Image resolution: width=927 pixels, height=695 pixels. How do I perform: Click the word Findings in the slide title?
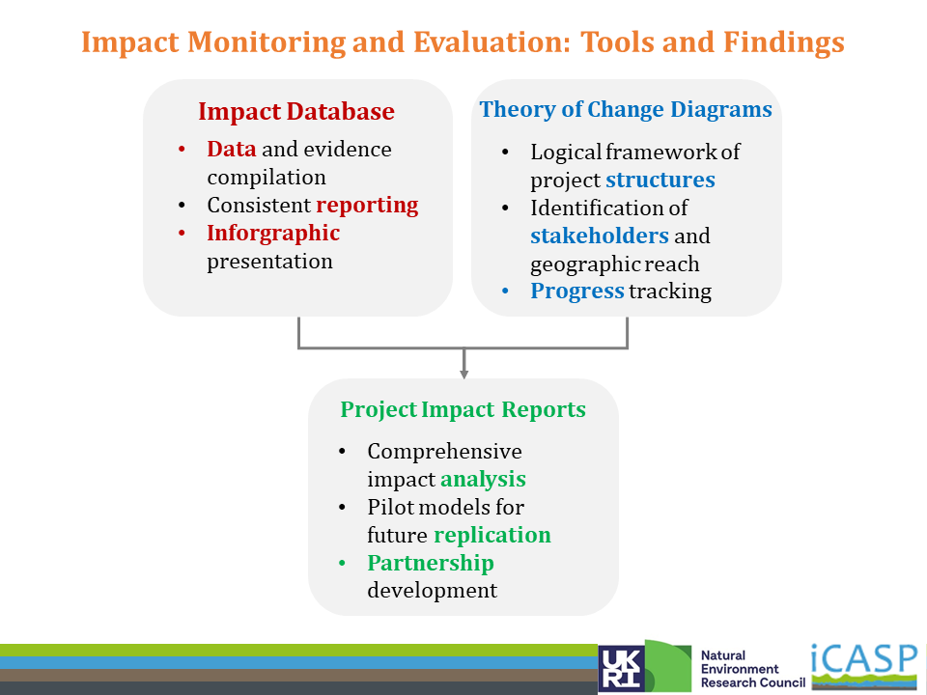point(783,42)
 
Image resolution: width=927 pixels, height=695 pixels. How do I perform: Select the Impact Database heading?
point(296,111)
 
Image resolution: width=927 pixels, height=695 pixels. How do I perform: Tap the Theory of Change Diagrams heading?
point(626,109)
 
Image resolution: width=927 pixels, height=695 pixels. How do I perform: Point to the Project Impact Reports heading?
point(463,409)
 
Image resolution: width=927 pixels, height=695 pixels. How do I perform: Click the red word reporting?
point(367,206)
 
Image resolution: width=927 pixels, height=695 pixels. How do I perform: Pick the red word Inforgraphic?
point(273,234)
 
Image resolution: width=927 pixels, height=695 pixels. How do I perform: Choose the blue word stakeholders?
point(600,236)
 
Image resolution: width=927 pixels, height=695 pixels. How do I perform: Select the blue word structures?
point(660,180)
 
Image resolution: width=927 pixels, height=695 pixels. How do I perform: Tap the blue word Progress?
point(577,292)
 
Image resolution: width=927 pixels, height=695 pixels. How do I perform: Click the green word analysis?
point(483,480)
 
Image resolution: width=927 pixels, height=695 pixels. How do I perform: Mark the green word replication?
point(492,535)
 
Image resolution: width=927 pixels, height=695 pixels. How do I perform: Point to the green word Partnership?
point(431,563)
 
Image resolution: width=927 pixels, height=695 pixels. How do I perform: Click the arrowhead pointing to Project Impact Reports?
point(464,375)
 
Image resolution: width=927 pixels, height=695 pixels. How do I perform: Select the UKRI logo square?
point(621,668)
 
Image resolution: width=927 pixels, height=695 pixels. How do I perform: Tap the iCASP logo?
point(864,665)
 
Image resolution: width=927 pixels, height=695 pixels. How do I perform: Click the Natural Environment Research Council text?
point(752,669)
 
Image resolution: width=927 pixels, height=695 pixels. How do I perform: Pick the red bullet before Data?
point(182,150)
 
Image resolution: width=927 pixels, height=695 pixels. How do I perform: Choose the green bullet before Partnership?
point(342,563)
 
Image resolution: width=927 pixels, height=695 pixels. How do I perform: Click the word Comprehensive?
point(444,452)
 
